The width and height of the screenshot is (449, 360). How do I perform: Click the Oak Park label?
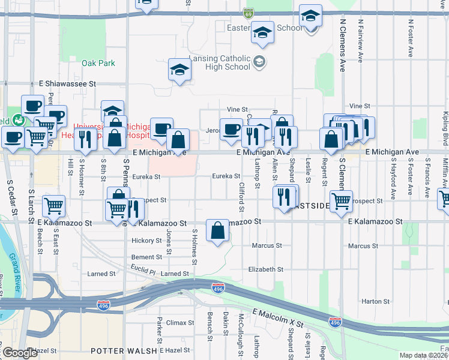click(x=98, y=63)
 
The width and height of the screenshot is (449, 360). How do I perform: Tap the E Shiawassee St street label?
click(x=67, y=85)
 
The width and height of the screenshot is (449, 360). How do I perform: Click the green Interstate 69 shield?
click(x=249, y=13)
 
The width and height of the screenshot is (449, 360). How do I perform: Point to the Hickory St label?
click(x=146, y=241)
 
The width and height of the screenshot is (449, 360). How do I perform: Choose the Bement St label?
click(x=146, y=257)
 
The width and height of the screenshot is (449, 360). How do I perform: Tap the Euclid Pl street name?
click(x=143, y=272)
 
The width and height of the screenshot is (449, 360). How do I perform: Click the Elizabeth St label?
click(x=265, y=269)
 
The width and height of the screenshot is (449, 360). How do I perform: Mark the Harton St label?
click(x=376, y=301)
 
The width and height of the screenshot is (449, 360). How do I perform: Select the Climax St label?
click(x=180, y=323)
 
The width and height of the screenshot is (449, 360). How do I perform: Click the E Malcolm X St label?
click(x=277, y=319)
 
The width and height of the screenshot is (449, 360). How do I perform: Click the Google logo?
click(x=19, y=353)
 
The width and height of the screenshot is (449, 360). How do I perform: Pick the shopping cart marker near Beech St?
click(x=53, y=206)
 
